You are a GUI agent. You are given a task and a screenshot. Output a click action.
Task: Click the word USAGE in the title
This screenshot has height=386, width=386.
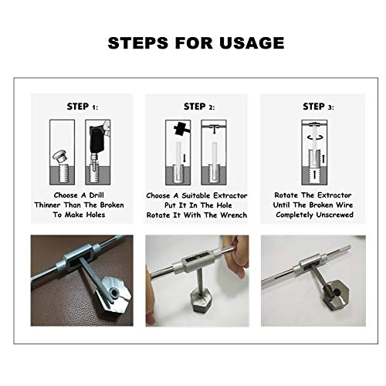click(x=252, y=42)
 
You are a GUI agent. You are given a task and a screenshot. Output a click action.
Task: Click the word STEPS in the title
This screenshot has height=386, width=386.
click(x=138, y=42)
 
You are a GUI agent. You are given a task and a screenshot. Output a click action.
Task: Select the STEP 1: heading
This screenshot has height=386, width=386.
click(x=83, y=107)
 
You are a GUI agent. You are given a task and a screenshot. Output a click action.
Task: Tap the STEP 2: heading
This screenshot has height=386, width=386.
click(x=199, y=107)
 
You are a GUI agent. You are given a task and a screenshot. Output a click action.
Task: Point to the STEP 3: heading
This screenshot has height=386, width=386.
click(x=318, y=107)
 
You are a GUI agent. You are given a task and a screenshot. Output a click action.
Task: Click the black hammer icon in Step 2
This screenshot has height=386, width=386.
click(x=182, y=129)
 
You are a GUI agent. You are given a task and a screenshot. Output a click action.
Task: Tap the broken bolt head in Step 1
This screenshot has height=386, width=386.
click(x=60, y=156)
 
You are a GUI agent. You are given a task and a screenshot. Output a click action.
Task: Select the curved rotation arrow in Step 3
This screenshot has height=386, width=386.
click(x=314, y=137)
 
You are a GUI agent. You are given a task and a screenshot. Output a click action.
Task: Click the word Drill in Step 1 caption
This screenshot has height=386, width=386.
click(x=96, y=195)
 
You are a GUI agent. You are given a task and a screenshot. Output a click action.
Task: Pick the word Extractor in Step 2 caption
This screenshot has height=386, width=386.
click(x=230, y=195)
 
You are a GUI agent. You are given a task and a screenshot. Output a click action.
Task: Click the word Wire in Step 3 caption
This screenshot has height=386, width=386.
click(x=344, y=205)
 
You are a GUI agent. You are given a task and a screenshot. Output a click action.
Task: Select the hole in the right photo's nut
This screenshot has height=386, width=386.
click(x=334, y=292)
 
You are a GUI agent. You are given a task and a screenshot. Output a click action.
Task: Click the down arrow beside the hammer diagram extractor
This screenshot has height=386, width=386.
click(x=184, y=158)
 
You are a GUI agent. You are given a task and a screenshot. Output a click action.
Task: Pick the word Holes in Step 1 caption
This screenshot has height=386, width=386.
click(x=96, y=215)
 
